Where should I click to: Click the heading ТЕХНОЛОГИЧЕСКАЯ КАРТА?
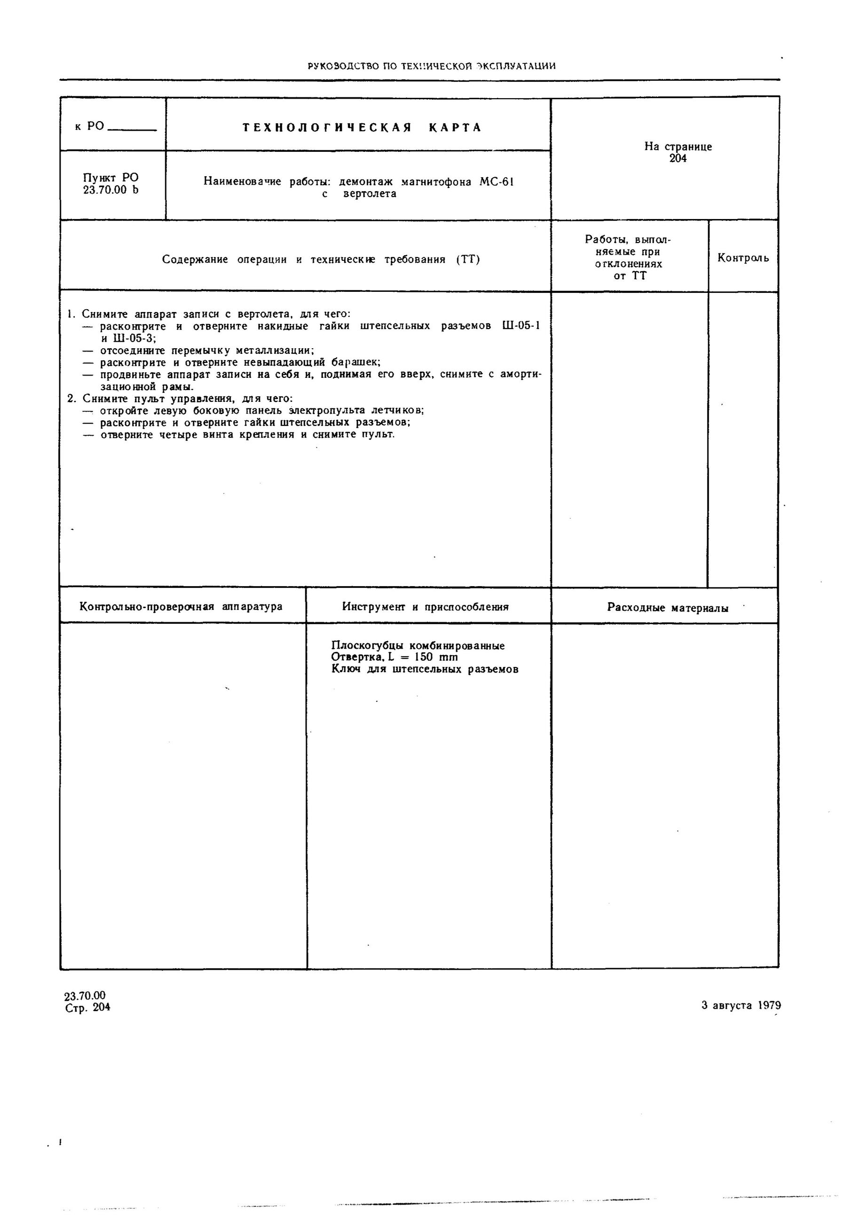362,128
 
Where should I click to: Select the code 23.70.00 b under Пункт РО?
111,190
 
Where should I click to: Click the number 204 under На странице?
678,158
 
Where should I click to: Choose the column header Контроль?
743,258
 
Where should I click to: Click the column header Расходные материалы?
667,608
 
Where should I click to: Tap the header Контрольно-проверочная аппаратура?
181,607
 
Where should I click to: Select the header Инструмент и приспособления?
426,607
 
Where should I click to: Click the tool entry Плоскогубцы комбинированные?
418,646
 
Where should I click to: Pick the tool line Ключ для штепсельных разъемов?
424,670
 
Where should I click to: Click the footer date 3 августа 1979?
741,1005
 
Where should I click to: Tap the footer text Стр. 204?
88,1008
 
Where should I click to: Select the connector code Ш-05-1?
521,326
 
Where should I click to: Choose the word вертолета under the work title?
370,194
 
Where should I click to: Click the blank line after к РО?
132,130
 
